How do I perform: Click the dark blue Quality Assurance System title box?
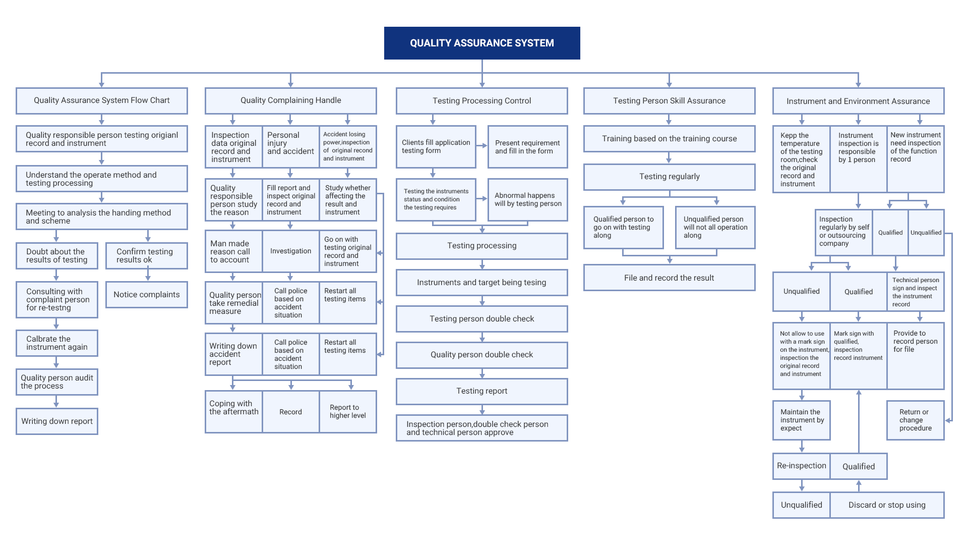[482, 43]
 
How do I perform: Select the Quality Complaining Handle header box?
[290, 100]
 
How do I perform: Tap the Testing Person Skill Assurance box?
[669, 101]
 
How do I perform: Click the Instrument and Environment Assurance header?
[858, 101]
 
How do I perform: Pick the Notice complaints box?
[147, 295]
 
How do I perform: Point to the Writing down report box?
[57, 421]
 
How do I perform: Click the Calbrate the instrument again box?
[57, 343]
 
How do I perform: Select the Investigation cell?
[291, 251]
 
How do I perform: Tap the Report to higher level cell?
[348, 412]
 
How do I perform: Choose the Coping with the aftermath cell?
[234, 412]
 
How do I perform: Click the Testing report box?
[482, 391]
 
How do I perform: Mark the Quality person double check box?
[482, 355]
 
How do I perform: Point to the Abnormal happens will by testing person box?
[528, 199]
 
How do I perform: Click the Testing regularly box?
[669, 177]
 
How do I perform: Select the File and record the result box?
[669, 278]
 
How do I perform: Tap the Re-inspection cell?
[802, 466]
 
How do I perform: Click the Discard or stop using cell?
[887, 505]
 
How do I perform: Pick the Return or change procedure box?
[916, 420]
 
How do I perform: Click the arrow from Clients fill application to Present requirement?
[482, 146]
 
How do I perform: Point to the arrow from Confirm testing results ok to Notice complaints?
[148, 275]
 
